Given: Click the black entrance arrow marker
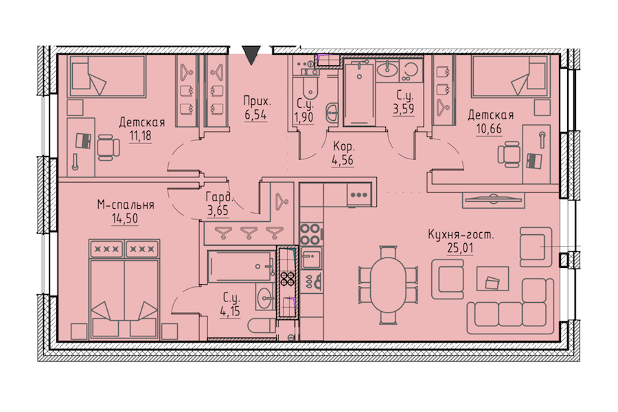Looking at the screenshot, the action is (251, 55).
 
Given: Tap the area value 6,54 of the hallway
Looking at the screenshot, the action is (255, 115).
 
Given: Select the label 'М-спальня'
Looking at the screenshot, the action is (126, 205).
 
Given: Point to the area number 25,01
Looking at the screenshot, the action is (460, 248).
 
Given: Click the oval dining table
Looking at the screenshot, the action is (389, 285).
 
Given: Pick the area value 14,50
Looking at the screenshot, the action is (125, 218).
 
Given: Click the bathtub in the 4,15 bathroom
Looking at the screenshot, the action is (241, 266).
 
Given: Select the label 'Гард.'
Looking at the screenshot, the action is (219, 197).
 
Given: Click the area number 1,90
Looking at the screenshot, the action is (304, 117).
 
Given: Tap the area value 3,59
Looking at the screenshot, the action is (404, 108).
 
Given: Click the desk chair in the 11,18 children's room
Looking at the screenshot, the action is (108, 148).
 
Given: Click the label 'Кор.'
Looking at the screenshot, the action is (344, 147).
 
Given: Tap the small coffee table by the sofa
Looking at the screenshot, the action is (492, 278).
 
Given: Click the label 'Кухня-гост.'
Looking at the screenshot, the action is (461, 235).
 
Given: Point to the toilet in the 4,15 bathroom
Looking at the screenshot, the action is (262, 325).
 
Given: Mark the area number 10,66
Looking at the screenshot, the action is (489, 128).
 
